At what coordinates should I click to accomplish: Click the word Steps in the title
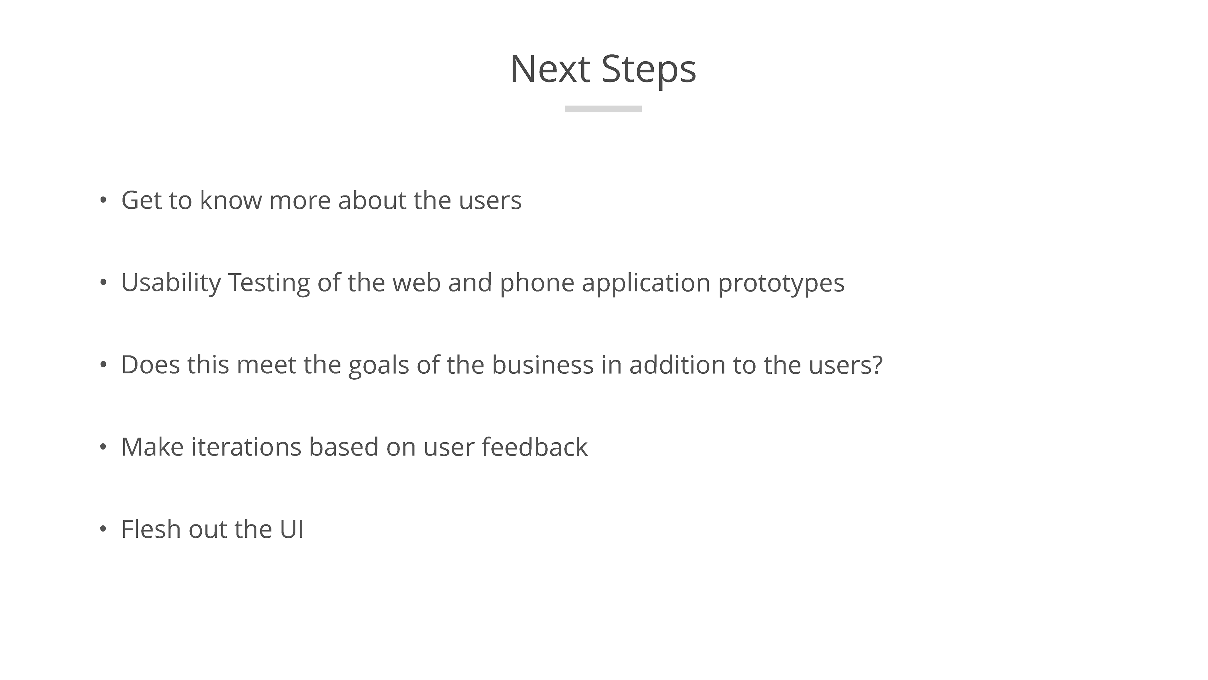pyautogui.click(x=649, y=71)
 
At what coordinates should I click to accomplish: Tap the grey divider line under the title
pyautogui.click(x=603, y=109)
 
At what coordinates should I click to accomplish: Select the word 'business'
pyautogui.click(x=543, y=365)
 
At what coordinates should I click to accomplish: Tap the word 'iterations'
pyautogui.click(x=246, y=447)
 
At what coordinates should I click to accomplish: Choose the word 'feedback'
pyautogui.click(x=534, y=447)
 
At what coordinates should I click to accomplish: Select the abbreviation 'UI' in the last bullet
pyautogui.click(x=292, y=529)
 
